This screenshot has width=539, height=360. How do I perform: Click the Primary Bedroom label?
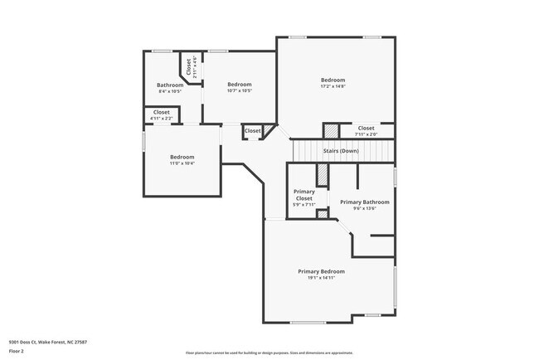(322, 271)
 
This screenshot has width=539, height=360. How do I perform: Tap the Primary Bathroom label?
(364, 202)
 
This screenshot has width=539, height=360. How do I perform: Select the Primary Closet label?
(303, 196)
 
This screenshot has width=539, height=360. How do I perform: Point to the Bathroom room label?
(170, 85)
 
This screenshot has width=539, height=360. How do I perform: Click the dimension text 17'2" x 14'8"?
(333, 86)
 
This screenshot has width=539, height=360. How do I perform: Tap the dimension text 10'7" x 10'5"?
(240, 90)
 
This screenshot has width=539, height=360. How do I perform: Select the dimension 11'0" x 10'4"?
(182, 163)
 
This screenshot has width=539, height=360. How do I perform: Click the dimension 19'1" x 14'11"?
(322, 278)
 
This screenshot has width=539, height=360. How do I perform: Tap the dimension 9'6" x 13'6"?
(364, 209)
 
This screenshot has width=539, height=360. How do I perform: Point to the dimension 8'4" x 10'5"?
(170, 91)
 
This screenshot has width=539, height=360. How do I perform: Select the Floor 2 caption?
(17, 351)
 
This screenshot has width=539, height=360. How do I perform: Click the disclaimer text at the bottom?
(269, 352)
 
